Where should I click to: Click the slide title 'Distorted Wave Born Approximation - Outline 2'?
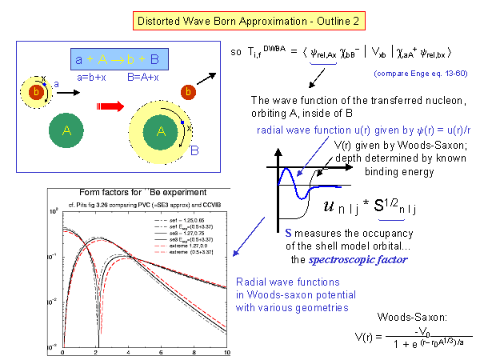(x=239, y=17)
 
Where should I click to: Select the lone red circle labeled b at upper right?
(x=187, y=90)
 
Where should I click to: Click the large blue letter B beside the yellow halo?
(x=193, y=149)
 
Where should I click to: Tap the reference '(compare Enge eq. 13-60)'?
(x=420, y=74)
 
